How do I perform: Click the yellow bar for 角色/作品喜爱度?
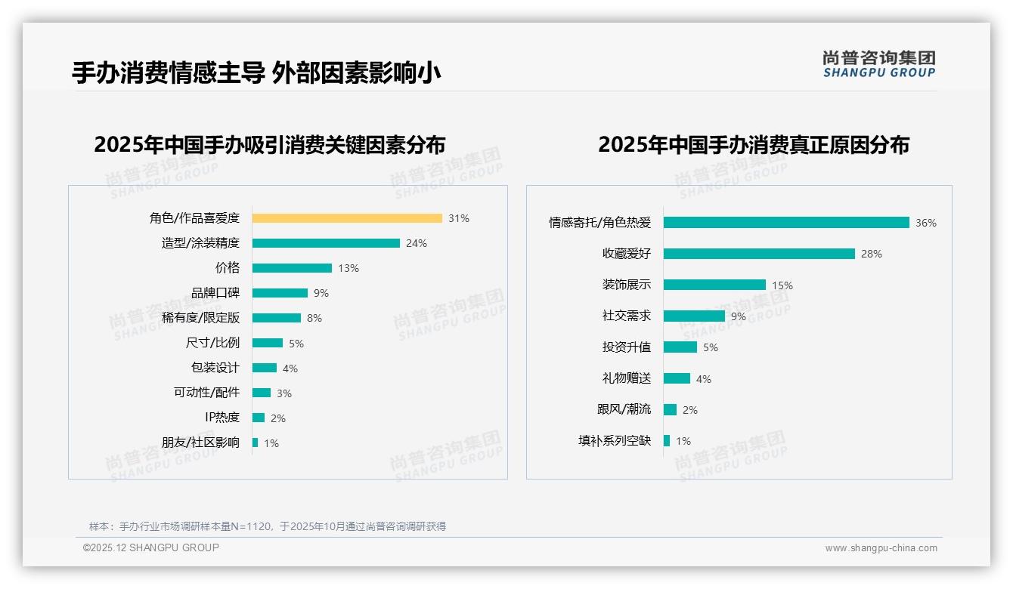pos(347,218)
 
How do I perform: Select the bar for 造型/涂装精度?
pos(326,243)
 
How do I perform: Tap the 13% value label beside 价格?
pos(349,268)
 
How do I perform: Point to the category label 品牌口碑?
pos(215,293)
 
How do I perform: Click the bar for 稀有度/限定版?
pos(277,318)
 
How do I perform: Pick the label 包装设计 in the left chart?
pos(215,368)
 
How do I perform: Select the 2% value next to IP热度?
pos(278,418)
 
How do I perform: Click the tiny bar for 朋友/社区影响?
pos(256,443)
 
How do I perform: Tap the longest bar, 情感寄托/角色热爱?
pos(786,223)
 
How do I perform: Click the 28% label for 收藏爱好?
pos(872,254)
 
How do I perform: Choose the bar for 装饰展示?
pos(714,285)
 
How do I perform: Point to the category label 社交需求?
pos(627,316)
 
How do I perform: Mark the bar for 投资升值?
pos(680,347)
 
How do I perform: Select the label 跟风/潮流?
pos(624,409)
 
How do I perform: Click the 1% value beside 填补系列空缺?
pos(683,441)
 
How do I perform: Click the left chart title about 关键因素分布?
pos(270,144)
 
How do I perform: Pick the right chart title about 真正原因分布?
pos(754,144)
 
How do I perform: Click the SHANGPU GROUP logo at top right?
pos(878,64)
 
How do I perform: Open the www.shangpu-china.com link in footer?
pos(881,548)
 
